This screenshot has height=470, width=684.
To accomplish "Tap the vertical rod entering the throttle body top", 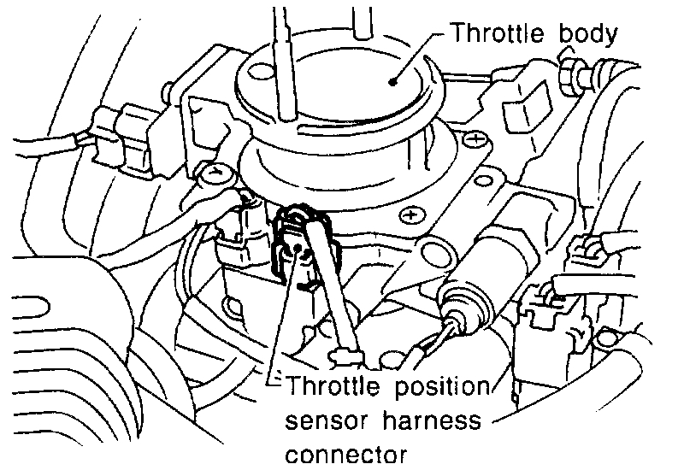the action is click(x=281, y=60).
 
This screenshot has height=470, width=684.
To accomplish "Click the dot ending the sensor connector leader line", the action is click(x=295, y=250).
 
